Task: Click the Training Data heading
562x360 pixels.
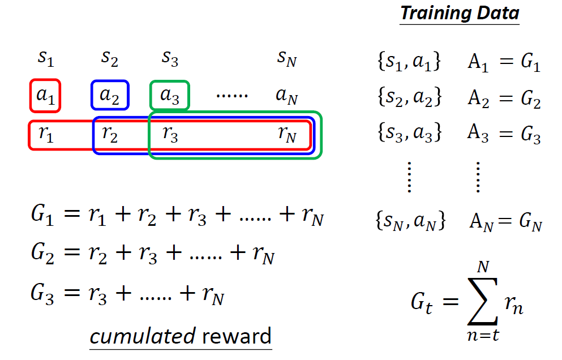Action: point(460,14)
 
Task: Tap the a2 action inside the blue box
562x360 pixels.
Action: point(110,95)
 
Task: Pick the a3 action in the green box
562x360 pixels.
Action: point(170,95)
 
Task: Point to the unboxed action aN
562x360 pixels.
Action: point(287,95)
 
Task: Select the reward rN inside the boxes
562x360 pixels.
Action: point(287,134)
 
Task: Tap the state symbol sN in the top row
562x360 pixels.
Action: point(287,59)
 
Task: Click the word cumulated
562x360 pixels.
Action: point(143,336)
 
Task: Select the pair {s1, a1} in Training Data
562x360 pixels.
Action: point(408,62)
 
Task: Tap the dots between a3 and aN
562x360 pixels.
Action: point(232,95)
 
